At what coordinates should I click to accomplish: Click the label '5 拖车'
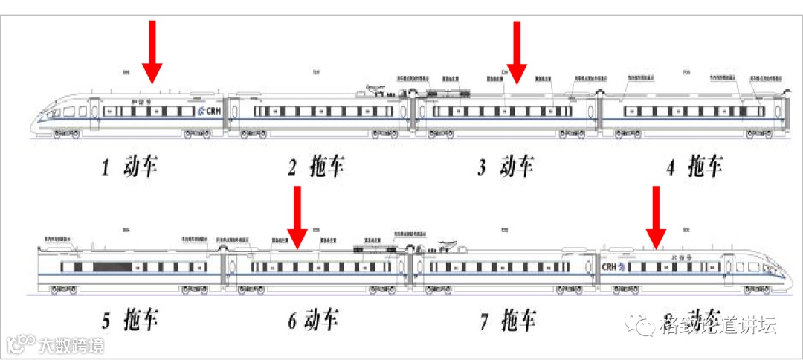130,321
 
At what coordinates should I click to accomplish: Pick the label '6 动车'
313,321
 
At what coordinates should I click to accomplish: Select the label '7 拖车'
508,321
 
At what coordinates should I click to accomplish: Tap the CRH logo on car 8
614,266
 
